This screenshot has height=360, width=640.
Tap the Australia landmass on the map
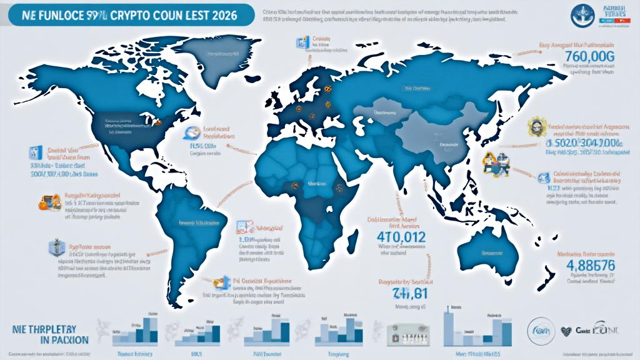point(487,250)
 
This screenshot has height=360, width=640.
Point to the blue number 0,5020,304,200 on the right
point(580,141)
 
